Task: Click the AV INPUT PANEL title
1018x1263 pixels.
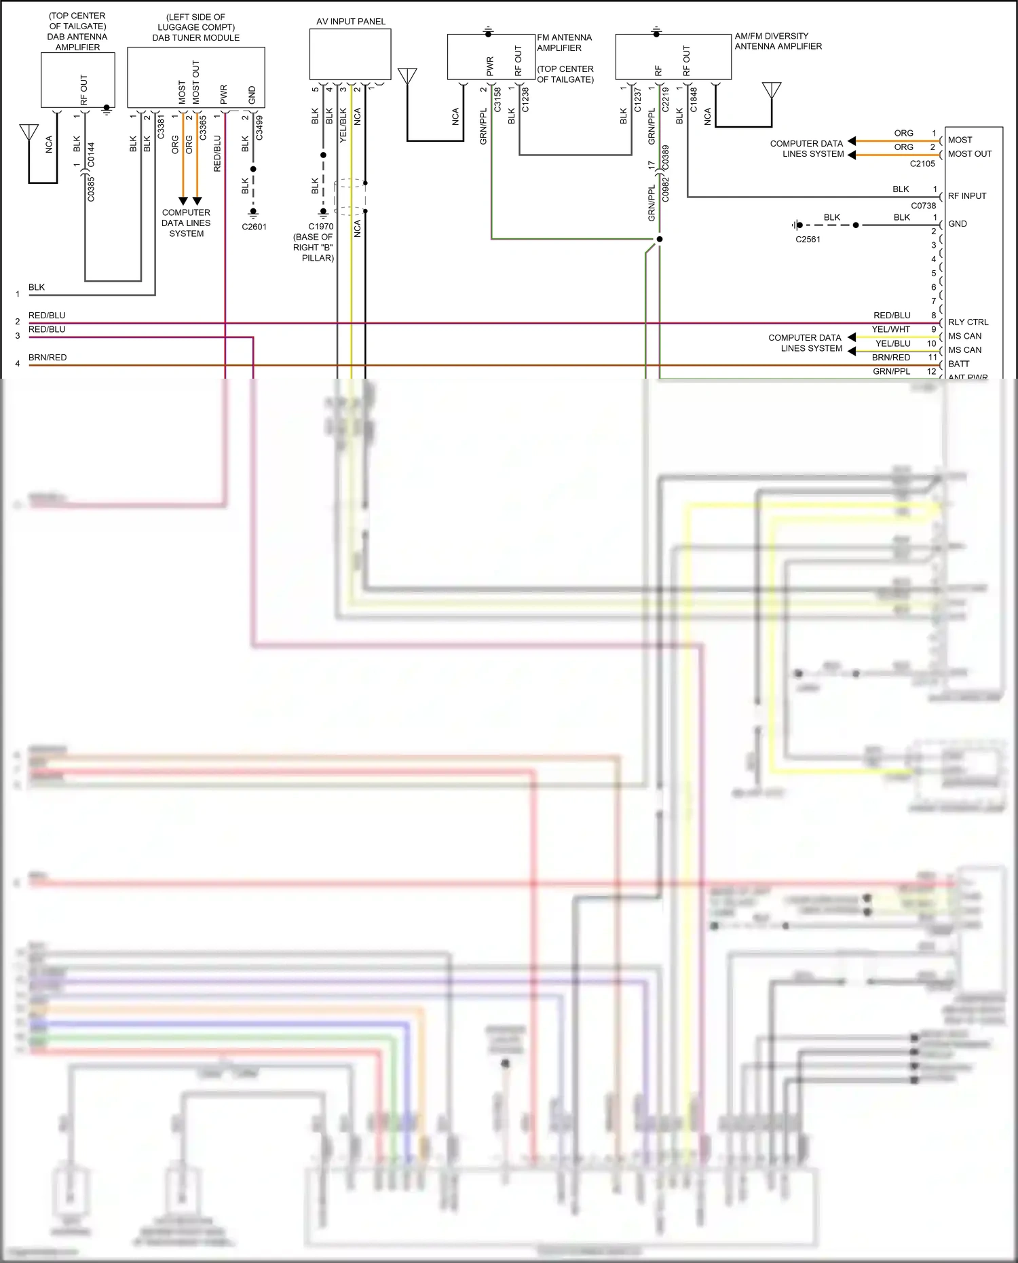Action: coord(350,22)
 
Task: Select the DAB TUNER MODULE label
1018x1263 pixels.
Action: coord(195,38)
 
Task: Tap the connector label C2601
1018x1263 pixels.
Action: coord(254,227)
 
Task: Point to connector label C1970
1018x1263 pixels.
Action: coord(320,227)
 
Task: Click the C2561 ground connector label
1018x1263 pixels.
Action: coord(808,240)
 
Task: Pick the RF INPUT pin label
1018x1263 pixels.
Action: coord(966,196)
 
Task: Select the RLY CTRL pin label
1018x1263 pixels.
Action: coord(968,322)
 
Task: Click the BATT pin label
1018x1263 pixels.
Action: coord(958,364)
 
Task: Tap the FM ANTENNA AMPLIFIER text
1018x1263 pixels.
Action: coord(564,43)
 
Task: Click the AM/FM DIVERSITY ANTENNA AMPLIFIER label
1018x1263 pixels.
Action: coord(778,41)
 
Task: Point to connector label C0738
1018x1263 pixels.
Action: coord(923,206)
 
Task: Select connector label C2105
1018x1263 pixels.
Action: coord(922,164)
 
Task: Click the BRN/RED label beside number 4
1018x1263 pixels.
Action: coord(48,358)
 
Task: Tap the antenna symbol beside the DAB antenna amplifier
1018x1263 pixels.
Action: coord(29,132)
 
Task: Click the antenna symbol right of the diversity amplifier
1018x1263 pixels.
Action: coord(772,90)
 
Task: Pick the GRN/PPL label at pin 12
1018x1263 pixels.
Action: coord(891,371)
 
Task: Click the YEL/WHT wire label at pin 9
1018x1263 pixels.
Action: coord(890,329)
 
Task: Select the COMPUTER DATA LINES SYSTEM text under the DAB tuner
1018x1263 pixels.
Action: coord(186,223)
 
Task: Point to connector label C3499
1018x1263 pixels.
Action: coord(259,128)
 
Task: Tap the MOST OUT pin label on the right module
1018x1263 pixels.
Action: coord(969,154)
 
